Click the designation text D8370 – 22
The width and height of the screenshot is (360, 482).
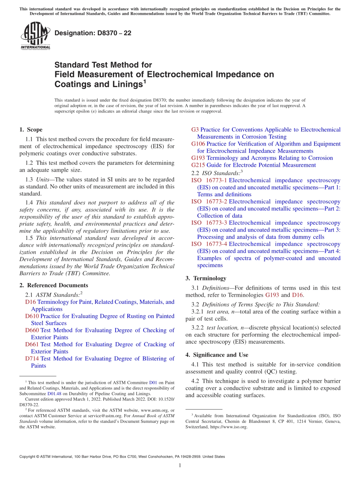click(x=93, y=33)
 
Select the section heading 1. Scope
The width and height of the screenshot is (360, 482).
click(x=31, y=130)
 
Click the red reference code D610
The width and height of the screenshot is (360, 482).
click(x=32, y=316)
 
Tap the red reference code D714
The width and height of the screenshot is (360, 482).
click(x=32, y=358)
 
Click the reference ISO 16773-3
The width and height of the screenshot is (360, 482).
click(x=209, y=223)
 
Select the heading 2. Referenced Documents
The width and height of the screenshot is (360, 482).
click(x=53, y=285)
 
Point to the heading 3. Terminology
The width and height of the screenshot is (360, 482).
click(x=206, y=278)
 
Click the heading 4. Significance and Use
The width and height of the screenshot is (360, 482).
click(x=217, y=355)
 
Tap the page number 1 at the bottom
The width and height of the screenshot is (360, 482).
click(x=180, y=465)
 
